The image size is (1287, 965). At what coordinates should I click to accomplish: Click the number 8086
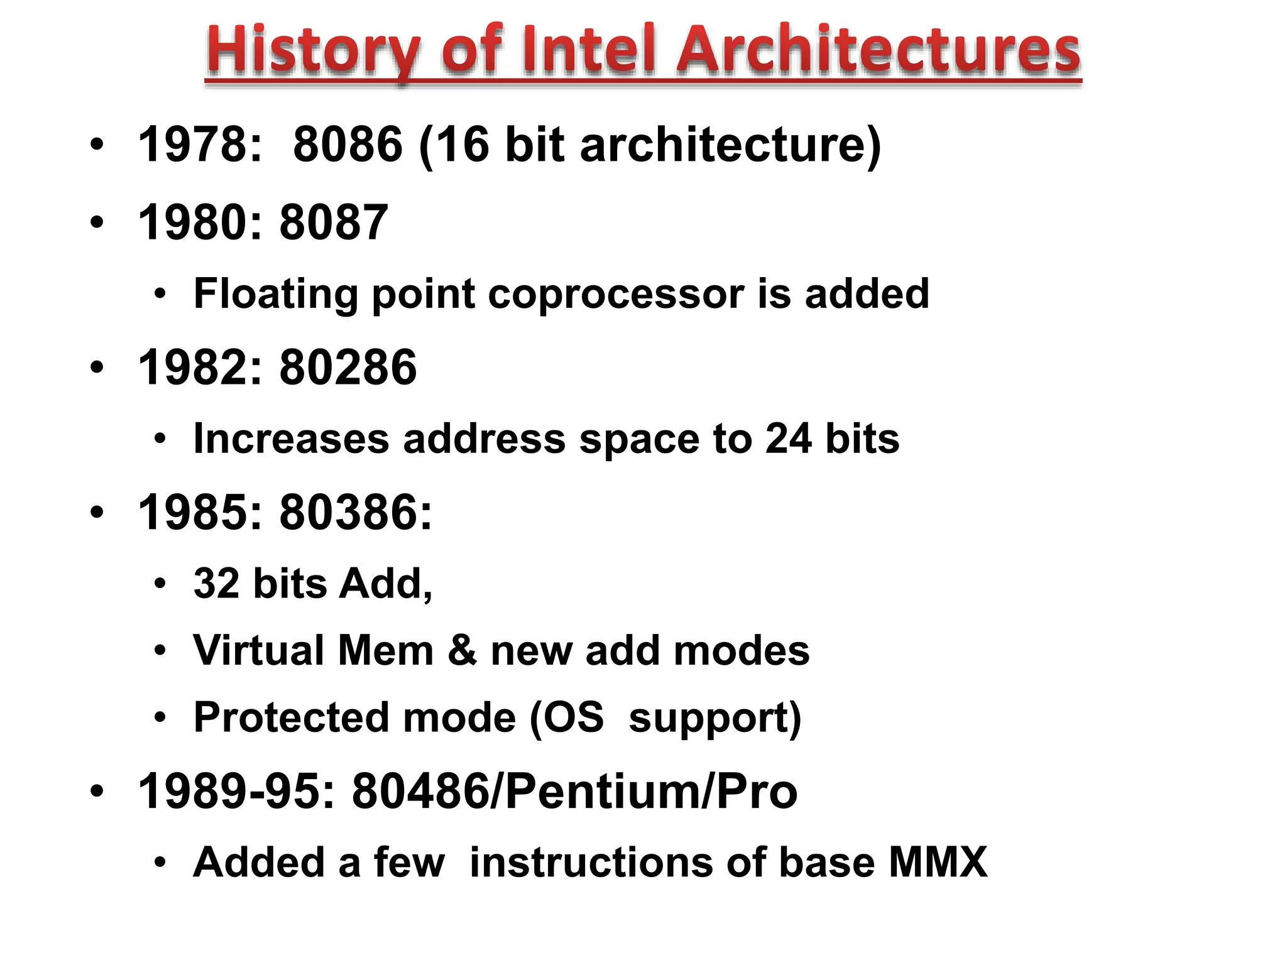point(348,144)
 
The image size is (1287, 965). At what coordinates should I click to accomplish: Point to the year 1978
point(199,144)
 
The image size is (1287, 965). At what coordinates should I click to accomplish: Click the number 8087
point(334,222)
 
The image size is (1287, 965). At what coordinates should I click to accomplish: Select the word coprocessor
point(616,293)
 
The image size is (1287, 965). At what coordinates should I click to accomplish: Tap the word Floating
point(275,293)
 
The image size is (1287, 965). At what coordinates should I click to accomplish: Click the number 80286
point(348,368)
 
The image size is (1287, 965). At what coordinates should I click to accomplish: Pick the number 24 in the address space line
point(788,438)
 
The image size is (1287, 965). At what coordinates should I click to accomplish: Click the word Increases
point(291,438)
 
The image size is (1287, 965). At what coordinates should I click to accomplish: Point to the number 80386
point(355,513)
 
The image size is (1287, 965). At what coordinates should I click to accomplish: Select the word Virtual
point(259,650)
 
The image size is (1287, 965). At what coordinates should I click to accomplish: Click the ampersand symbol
point(462,650)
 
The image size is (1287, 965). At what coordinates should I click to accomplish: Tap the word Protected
point(291,717)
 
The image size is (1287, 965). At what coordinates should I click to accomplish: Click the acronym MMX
point(938,862)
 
